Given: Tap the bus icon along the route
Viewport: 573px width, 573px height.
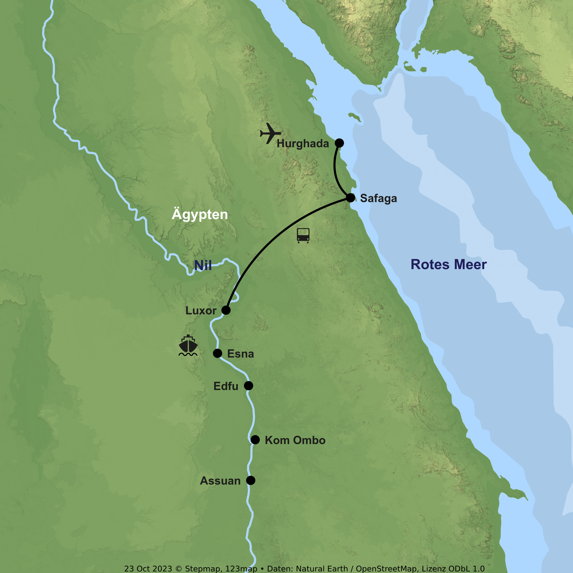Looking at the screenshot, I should point(303,235).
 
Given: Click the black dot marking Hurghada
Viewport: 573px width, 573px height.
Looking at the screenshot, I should point(339,143).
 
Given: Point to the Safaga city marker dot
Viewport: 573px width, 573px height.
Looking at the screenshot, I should point(350,197).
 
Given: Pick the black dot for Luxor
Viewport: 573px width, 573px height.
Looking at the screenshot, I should point(226,310).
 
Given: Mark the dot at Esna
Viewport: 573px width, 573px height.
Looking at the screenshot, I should point(217,353).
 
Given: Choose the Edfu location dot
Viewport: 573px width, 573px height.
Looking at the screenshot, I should point(248,386).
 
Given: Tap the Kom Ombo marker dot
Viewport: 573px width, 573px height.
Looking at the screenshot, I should point(255,439).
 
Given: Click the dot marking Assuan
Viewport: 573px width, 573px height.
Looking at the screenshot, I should point(251,480).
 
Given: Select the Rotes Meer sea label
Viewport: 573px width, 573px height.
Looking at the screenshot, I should point(448,265).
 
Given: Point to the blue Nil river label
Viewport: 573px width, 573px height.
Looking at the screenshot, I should point(203,265).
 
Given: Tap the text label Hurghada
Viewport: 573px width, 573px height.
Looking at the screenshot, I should point(303,144).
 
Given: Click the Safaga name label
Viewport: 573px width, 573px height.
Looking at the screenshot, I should point(378,198).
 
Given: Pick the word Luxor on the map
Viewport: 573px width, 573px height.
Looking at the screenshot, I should point(201,311).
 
